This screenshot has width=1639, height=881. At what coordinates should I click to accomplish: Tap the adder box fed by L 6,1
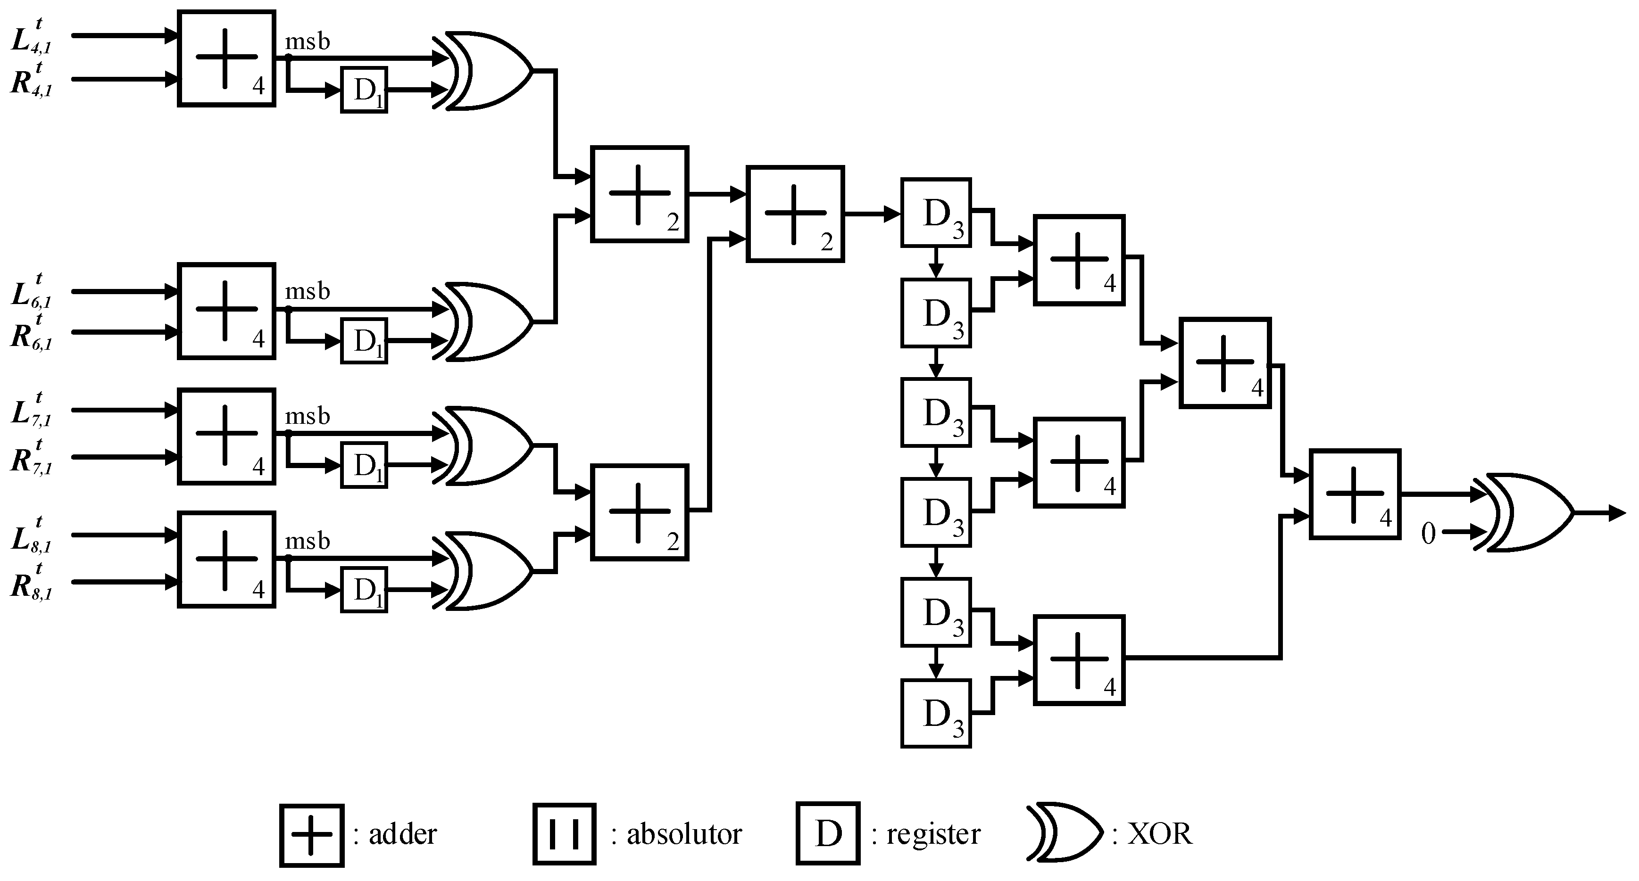226,311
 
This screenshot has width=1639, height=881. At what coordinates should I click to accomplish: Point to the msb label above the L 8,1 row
308,541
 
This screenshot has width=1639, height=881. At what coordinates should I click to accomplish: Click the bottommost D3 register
935,713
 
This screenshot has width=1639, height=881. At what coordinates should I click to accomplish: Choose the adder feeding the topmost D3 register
795,214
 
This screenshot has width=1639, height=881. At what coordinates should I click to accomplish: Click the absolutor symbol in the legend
565,834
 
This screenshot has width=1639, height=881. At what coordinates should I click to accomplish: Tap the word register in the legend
933,834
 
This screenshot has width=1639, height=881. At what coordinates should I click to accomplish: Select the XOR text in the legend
1160,834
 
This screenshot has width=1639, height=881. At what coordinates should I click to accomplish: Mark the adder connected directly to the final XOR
1355,494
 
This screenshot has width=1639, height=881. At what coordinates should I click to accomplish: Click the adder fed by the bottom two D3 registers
1079,659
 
